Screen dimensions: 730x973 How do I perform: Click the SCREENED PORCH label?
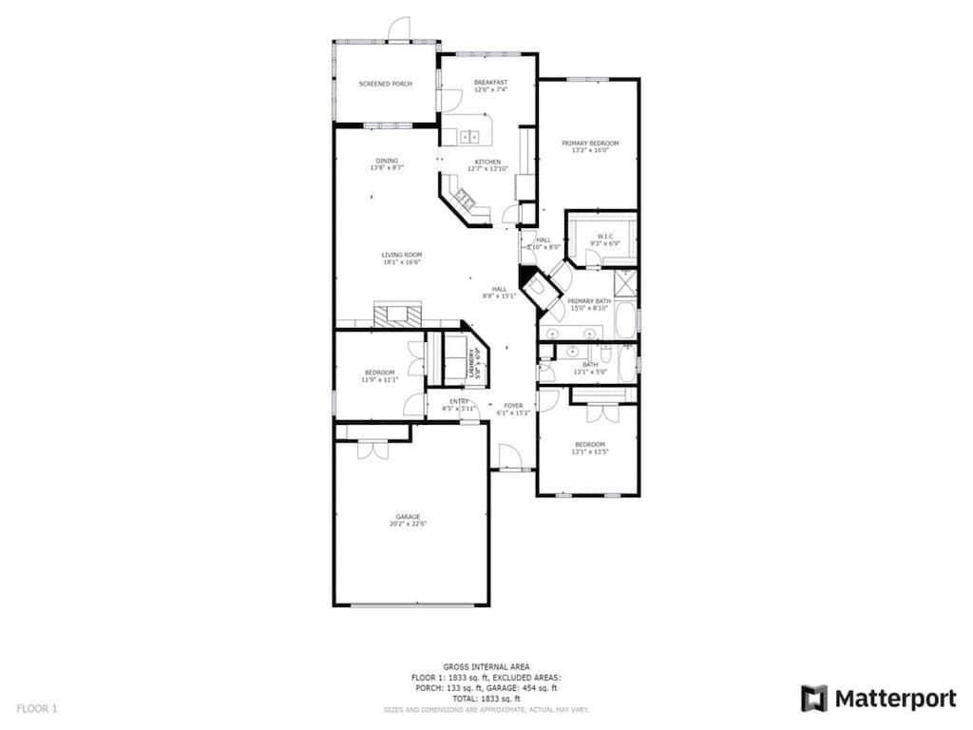coord(385,84)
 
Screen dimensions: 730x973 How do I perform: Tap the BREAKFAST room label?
coord(490,83)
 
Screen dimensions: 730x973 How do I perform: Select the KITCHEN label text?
coord(487,162)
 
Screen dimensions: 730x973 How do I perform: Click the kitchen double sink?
coord(469,137)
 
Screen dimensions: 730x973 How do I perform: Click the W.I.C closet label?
coord(604,236)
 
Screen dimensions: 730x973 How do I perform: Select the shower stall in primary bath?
coord(625,282)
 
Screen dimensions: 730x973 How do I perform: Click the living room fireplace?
coord(394,315)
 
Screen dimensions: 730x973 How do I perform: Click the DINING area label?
coord(387,161)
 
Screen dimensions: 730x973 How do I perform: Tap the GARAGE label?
coord(409,516)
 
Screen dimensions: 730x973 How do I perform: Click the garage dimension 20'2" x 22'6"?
coord(409,524)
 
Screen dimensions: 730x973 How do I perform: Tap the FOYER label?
coord(513,405)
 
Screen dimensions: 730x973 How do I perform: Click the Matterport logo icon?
coord(813,699)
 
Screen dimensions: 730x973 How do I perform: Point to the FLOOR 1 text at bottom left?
coord(37,708)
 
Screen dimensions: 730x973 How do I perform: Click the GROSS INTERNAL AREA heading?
coord(486,666)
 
